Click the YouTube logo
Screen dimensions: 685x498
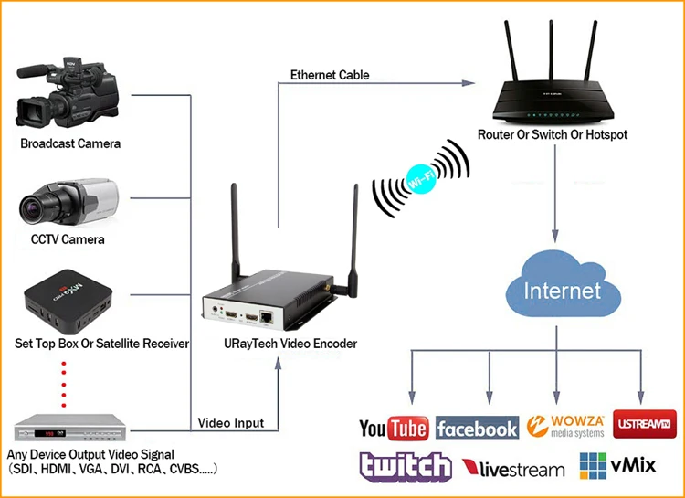click(394, 428)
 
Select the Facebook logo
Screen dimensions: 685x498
click(477, 428)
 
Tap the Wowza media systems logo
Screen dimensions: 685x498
click(565, 427)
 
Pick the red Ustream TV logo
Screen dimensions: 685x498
click(645, 424)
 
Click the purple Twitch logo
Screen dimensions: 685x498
click(405, 467)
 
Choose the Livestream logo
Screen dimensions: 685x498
click(513, 469)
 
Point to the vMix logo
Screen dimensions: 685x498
click(617, 466)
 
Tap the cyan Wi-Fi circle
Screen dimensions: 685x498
click(421, 178)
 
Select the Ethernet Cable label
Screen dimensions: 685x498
click(330, 75)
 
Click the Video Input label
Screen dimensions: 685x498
click(231, 423)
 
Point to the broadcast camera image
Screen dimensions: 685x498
click(67, 93)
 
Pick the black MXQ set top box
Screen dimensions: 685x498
click(68, 301)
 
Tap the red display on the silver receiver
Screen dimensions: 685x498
click(44, 433)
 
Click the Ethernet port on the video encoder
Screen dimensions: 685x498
click(266, 317)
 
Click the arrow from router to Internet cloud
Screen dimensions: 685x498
click(555, 193)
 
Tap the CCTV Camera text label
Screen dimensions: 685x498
click(68, 239)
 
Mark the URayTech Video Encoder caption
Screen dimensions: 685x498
click(290, 344)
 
